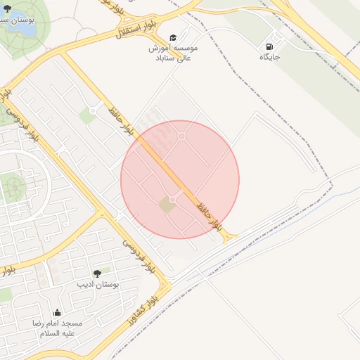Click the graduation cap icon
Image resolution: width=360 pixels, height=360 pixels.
[x=173, y=37]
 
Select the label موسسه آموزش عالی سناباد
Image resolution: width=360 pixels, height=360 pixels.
[x=173, y=53]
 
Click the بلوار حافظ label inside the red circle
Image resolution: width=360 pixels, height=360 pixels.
[x=209, y=212]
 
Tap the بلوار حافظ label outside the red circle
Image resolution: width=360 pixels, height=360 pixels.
[x=121, y=120]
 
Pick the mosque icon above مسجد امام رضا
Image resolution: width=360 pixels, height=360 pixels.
[x=57, y=312]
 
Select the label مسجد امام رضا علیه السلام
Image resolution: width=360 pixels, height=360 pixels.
[x=57, y=328]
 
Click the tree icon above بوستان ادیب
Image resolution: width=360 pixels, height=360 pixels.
[x=97, y=273]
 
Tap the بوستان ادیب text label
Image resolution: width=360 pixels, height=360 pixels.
[x=98, y=285]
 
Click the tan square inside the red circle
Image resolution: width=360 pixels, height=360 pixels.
[x=167, y=204]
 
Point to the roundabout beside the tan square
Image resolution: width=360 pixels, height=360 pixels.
[x=173, y=200]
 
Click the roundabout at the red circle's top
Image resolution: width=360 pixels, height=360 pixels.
[x=182, y=136]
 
